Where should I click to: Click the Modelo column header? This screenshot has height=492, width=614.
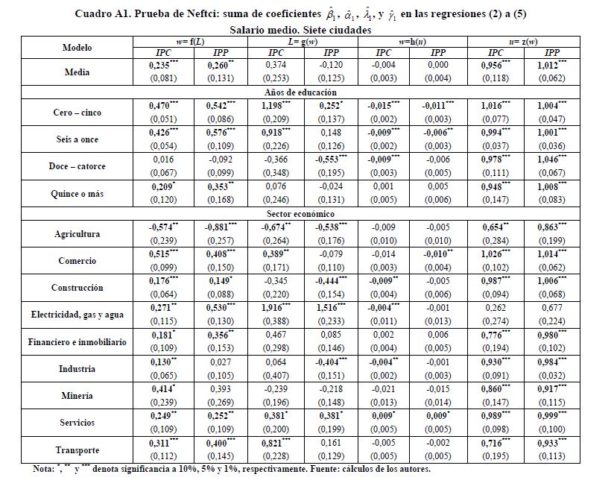[77, 48]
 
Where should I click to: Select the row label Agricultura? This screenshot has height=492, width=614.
[77, 234]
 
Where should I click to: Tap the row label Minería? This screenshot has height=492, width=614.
[77, 396]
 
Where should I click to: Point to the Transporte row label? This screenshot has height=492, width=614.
[77, 450]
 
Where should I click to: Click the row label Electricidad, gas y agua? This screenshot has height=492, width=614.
[77, 315]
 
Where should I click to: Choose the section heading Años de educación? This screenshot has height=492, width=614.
[307, 92]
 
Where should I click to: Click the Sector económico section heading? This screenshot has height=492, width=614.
[307, 213]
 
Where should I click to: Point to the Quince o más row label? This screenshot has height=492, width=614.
[77, 193]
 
